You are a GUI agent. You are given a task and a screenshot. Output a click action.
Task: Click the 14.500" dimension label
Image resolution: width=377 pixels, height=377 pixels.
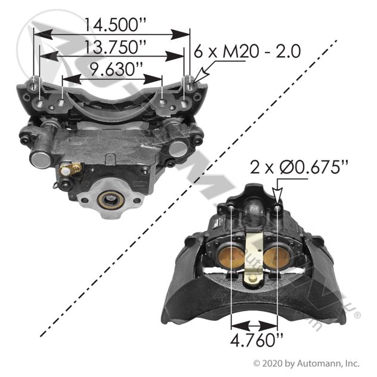115,25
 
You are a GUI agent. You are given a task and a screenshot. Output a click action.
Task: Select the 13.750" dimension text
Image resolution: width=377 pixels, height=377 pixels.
115,47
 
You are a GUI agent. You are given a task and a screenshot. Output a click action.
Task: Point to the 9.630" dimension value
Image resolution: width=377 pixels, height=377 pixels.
116,69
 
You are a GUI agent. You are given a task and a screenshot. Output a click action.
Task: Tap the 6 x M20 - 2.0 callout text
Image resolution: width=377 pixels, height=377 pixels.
247,51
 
